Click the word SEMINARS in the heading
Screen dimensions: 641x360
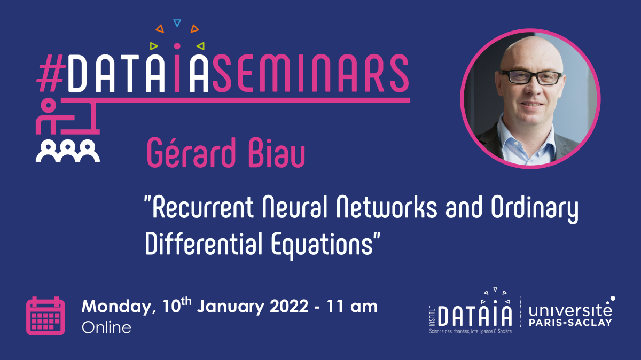tap(311, 73)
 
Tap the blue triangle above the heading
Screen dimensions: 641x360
tap(177, 23)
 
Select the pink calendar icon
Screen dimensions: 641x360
tap(45, 316)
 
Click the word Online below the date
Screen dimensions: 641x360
tap(106, 327)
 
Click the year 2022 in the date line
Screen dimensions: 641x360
tap(289, 307)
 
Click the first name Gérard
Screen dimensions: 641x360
tap(191, 153)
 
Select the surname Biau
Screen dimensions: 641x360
tap(277, 153)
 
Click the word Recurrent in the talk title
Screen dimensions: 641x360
tap(203, 207)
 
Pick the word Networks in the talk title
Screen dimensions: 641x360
tap(387, 207)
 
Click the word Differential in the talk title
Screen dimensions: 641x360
tap(204, 244)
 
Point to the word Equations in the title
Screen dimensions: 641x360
tap(322, 246)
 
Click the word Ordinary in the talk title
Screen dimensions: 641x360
tap(535, 209)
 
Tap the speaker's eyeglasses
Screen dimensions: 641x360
tap(531, 77)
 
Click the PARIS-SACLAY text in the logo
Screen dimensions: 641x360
tap(570, 323)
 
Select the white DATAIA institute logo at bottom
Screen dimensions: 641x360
tap(471, 311)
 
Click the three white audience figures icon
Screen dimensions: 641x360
tap(68, 151)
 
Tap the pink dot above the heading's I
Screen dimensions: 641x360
tap(177, 46)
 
